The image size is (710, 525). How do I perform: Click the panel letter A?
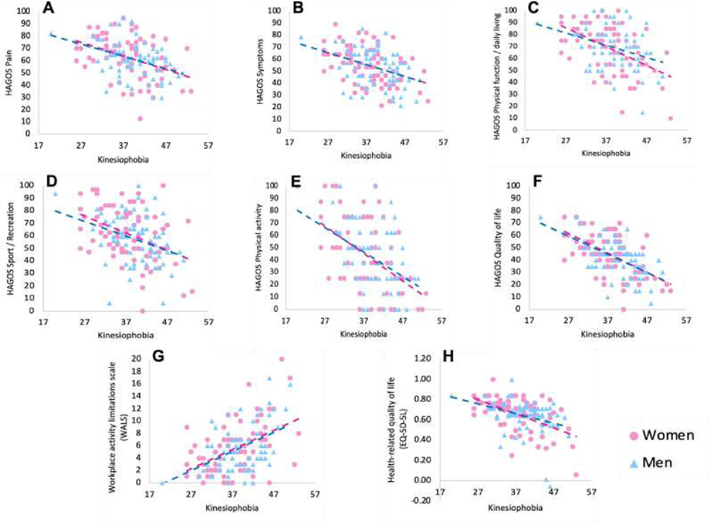[x=49, y=7]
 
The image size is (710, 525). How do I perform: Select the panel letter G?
[x=158, y=356]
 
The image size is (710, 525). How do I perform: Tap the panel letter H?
[x=448, y=356]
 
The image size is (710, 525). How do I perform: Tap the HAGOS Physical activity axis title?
[x=259, y=247]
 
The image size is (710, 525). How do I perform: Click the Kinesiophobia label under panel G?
[x=232, y=508]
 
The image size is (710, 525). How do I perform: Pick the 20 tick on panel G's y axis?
[x=136, y=359]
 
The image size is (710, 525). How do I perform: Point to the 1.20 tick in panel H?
[x=428, y=359]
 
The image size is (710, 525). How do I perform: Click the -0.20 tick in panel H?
[x=426, y=500]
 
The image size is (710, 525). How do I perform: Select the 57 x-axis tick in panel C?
[x=687, y=140]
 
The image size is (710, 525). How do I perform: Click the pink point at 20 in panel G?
[x=282, y=359]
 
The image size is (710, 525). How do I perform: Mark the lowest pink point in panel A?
[x=140, y=119]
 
